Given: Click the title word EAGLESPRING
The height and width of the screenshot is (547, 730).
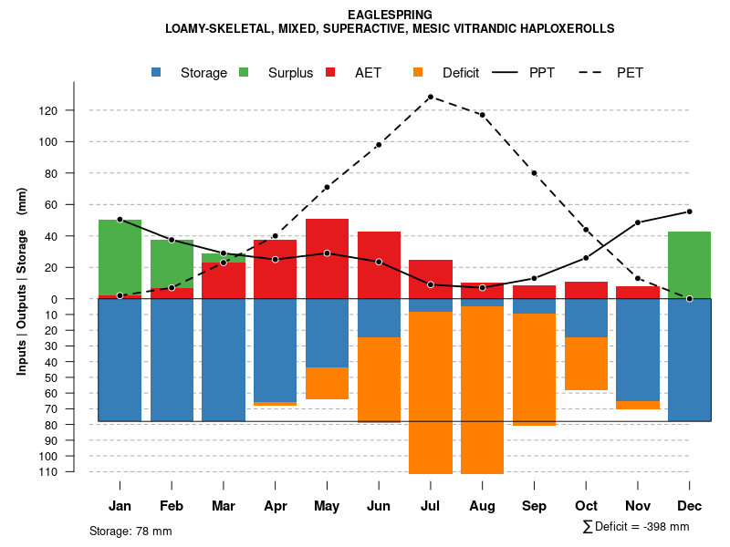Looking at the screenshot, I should pyautogui.click(x=390, y=15).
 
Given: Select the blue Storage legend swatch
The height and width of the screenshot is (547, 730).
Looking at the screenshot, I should pyautogui.click(x=157, y=72).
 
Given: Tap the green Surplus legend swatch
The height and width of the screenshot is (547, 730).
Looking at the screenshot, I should pyautogui.click(x=245, y=72).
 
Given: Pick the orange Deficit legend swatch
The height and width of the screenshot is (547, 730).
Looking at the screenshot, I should pyautogui.click(x=419, y=72).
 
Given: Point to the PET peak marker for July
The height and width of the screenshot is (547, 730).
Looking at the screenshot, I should pyautogui.click(x=430, y=97).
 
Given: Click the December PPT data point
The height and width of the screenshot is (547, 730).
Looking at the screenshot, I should pyautogui.click(x=689, y=212).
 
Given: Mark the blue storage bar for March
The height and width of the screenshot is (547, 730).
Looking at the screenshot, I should pyautogui.click(x=224, y=360).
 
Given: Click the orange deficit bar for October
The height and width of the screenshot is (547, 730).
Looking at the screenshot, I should pyautogui.click(x=586, y=364).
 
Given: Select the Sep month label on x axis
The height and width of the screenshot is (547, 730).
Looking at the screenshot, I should pyautogui.click(x=534, y=506).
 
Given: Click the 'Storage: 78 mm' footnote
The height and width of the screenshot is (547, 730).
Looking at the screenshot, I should pyautogui.click(x=130, y=531).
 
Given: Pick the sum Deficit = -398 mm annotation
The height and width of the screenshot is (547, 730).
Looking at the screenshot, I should pyautogui.click(x=635, y=527).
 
